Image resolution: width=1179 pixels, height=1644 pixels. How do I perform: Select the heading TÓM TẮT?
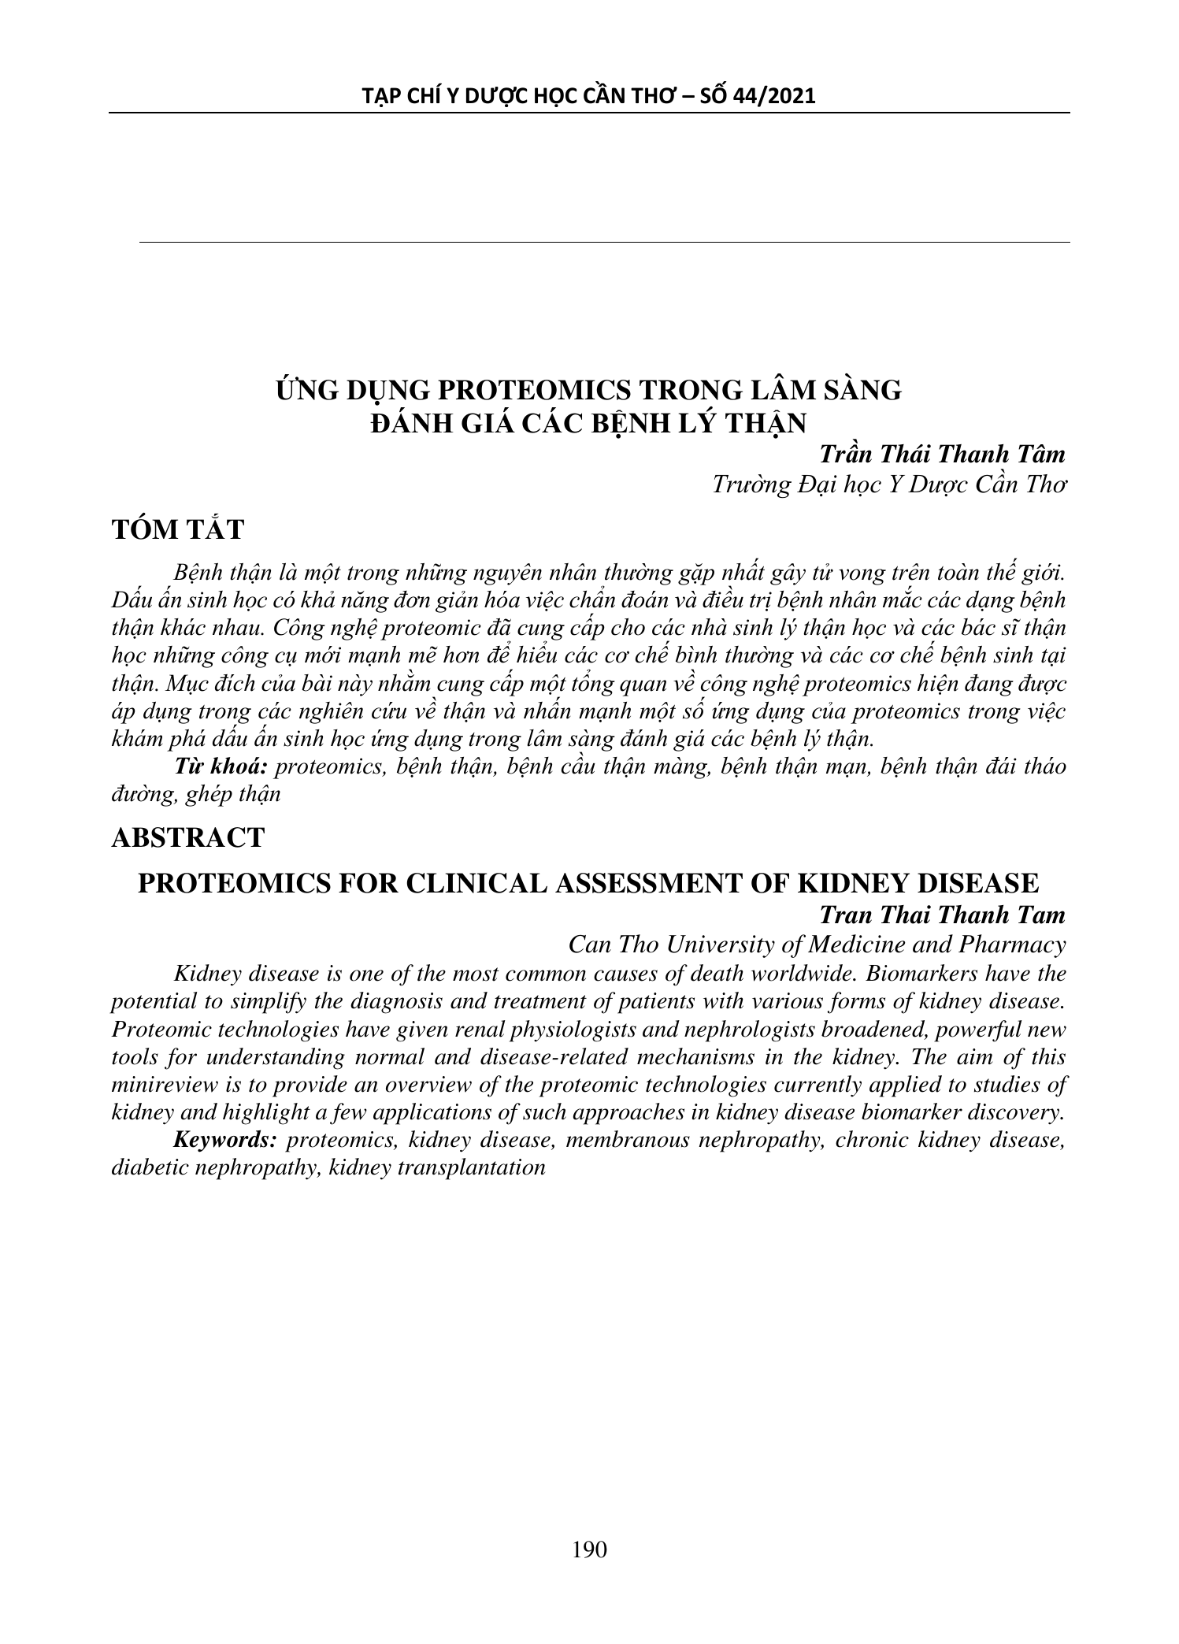tap(178, 530)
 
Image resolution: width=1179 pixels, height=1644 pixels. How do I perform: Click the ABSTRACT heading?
tap(188, 837)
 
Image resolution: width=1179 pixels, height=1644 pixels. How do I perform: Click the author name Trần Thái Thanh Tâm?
tap(942, 455)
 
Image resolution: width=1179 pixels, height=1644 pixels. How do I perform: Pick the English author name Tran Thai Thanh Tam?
tap(942, 915)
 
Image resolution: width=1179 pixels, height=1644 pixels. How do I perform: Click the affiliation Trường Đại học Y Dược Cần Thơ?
tap(888, 484)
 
